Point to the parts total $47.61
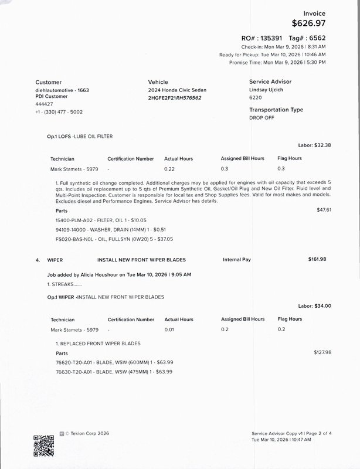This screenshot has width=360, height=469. pos(324,209)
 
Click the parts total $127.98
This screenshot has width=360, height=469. pos(322,352)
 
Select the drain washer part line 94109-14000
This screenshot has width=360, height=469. pos(102,229)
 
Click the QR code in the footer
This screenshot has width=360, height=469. pos(43,446)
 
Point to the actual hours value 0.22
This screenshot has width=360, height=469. pos(170,169)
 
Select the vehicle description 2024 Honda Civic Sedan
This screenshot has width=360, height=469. pos(177,90)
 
